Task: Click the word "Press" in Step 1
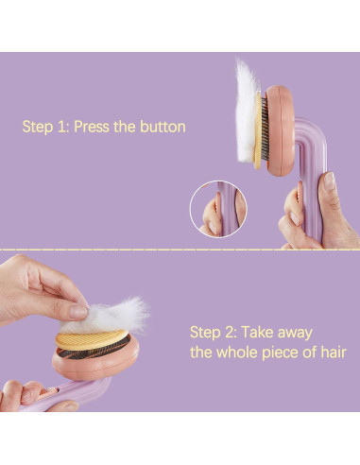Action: point(92,127)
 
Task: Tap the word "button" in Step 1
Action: point(163,127)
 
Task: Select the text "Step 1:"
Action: point(46,128)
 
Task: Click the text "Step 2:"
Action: point(214,333)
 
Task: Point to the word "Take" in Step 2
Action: point(256,333)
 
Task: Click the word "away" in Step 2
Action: point(294,334)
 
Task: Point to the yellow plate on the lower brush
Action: point(91,339)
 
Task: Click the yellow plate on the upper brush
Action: point(258,130)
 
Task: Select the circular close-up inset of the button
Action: point(218,209)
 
